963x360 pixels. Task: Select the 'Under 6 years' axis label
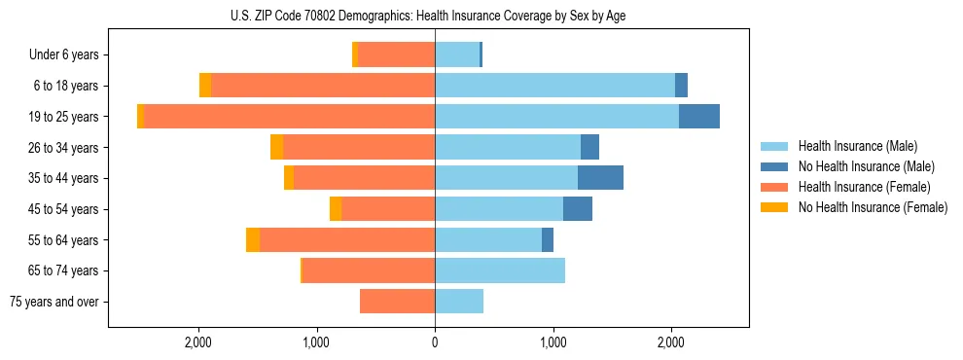tap(70, 54)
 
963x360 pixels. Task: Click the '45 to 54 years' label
tap(66, 209)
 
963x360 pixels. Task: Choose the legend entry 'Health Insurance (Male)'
tap(857, 146)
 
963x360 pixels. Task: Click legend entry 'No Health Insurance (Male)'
tap(866, 166)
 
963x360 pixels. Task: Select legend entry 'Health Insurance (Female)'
tap(864, 187)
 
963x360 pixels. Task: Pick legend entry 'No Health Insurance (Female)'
tap(873, 207)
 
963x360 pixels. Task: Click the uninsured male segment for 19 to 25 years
tap(698, 117)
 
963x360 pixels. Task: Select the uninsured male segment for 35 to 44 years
tap(600, 178)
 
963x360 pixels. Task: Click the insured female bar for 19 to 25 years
tap(289, 117)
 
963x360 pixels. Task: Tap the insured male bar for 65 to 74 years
tap(500, 270)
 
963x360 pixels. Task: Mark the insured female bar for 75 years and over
tap(397, 302)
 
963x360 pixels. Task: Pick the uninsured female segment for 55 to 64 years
tap(253, 240)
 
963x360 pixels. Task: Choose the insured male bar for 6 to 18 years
tap(554, 86)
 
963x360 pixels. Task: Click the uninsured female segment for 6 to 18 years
tap(205, 86)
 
